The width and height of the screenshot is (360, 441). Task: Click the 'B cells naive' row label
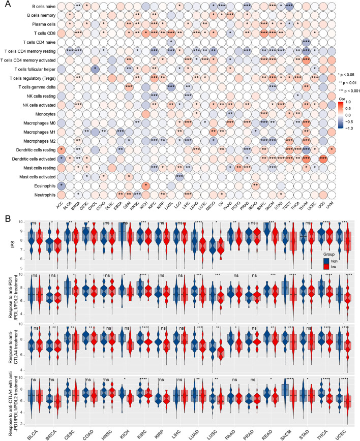coord(38,8)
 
